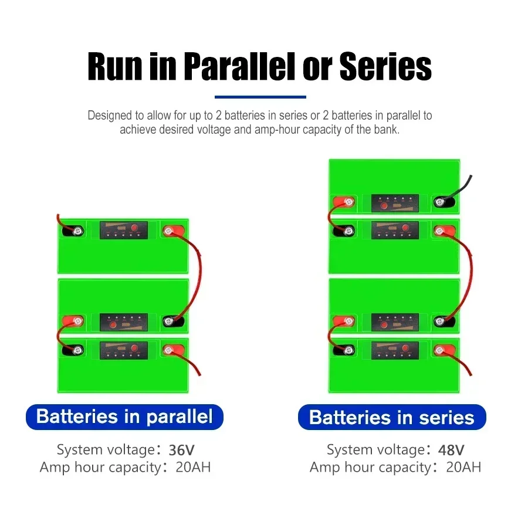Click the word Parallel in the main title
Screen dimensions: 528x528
click(239, 66)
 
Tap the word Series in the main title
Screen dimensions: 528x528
click(385, 66)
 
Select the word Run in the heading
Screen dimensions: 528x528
click(115, 66)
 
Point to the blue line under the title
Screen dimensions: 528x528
click(260, 97)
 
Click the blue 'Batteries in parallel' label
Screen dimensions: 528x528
click(124, 417)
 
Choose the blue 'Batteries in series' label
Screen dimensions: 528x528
click(392, 417)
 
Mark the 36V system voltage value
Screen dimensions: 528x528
click(181, 450)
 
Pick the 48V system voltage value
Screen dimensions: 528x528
click(451, 450)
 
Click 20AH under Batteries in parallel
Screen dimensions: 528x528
click(193, 468)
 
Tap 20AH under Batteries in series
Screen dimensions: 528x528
click(463, 468)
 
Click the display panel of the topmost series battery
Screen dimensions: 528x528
click(395, 203)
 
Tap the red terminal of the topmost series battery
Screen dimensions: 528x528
click(343, 202)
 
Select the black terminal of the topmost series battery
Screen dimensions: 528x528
click(445, 202)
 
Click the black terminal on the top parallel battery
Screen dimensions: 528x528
click(73, 231)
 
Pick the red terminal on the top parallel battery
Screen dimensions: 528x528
click(174, 231)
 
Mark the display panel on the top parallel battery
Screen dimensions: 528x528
click(124, 231)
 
